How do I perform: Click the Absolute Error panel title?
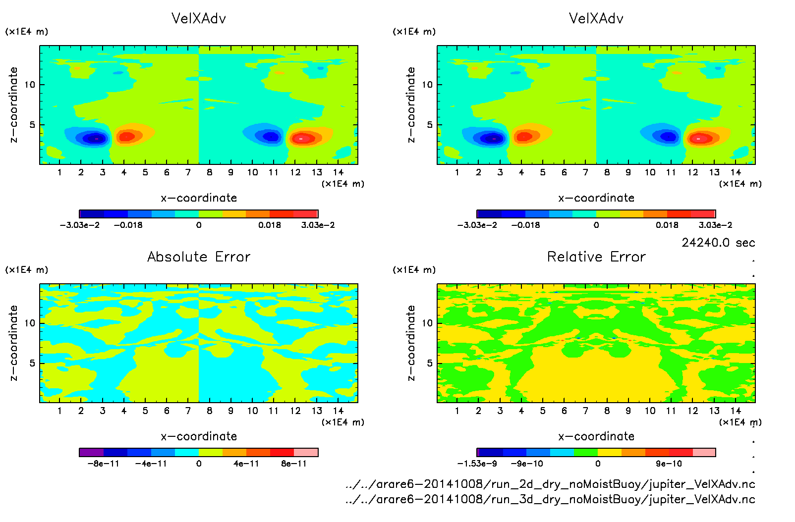point(199,257)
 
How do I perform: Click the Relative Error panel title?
point(596,257)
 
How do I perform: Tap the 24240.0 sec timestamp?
point(718,243)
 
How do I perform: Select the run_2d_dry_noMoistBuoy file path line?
point(550,484)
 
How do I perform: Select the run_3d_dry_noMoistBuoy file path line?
point(550,499)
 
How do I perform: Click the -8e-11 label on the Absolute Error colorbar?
point(103,464)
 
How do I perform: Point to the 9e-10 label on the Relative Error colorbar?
point(669,464)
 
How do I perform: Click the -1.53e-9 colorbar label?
point(477,464)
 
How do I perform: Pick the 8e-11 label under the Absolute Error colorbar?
point(294,464)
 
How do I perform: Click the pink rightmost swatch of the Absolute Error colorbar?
point(306,452)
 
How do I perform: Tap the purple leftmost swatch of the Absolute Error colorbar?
point(92,452)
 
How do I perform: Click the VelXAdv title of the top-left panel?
point(199,18)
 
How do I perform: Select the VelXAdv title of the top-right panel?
point(596,18)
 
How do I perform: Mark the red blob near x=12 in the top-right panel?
point(699,138)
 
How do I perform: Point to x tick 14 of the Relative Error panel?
point(736,411)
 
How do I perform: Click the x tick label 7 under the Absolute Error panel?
point(188,411)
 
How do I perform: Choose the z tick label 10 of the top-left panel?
point(30,85)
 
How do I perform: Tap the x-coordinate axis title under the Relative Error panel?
point(596,436)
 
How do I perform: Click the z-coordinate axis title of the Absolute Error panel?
point(13,343)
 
